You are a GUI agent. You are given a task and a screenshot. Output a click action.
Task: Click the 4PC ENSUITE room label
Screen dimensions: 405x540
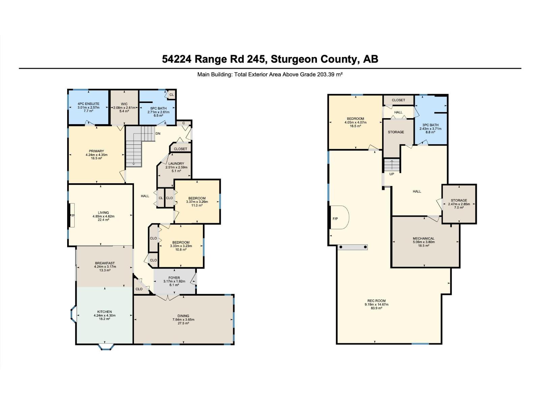(88, 104)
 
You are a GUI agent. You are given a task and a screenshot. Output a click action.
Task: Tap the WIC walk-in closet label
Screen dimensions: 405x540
(124, 104)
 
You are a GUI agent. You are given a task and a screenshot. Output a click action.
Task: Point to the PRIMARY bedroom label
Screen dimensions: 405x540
(97, 151)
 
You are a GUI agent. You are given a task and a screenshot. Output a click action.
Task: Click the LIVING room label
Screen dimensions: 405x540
(103, 213)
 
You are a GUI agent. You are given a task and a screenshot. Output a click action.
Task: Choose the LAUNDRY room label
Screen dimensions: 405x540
(176, 164)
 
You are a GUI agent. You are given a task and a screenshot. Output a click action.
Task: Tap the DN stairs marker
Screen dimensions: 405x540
(158, 134)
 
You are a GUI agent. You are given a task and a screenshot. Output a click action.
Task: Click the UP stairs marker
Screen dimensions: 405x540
(392, 174)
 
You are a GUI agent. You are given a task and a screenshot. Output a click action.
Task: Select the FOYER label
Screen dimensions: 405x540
(174, 278)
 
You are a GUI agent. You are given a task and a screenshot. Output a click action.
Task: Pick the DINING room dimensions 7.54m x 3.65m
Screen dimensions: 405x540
(183, 320)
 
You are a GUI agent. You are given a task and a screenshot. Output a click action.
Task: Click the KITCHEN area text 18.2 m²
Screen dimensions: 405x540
(104, 319)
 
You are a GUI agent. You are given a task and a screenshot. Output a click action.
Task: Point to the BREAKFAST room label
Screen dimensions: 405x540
(105, 263)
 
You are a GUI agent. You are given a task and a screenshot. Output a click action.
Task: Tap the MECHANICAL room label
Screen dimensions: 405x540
(424, 238)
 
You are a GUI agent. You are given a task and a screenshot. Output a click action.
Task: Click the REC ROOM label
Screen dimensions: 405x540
(377, 301)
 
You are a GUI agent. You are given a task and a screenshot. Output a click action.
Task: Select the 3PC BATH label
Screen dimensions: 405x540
(430, 125)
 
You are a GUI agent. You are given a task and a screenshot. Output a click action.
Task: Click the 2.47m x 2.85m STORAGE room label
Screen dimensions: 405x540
(459, 200)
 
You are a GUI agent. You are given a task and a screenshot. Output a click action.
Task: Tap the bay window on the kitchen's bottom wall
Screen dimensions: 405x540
(104, 346)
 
